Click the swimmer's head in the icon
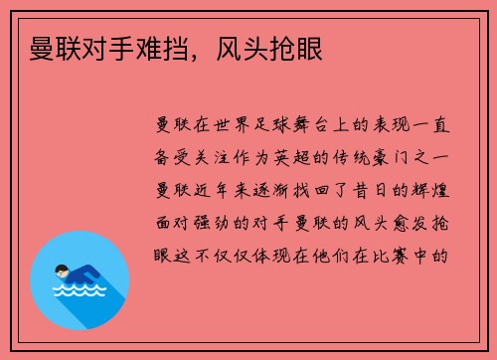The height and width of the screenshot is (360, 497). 63,268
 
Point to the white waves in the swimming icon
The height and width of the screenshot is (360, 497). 77,291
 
